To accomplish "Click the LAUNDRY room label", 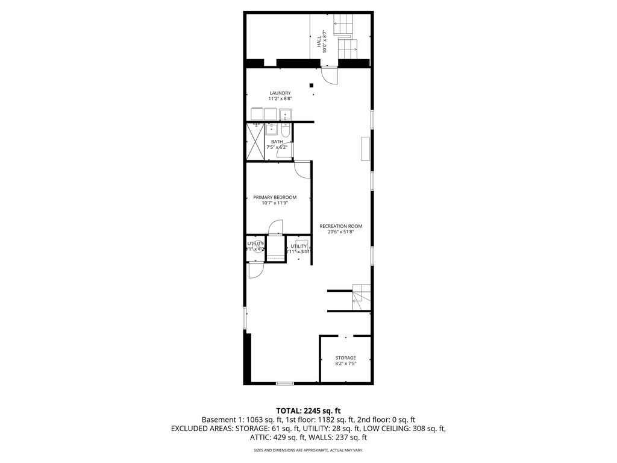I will pyautogui.click(x=280, y=93).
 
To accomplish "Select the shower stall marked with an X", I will pyautogui.click(x=256, y=142).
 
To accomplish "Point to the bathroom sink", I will pyautogui.click(x=272, y=128).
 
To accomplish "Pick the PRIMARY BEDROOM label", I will pyautogui.click(x=275, y=197).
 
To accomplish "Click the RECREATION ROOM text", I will pyautogui.click(x=340, y=226).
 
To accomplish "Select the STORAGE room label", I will pyautogui.click(x=345, y=357).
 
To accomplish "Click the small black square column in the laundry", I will pyautogui.click(x=312, y=86).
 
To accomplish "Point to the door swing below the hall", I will pyautogui.click(x=330, y=76).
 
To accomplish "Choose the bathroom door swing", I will pyautogui.click(x=282, y=152).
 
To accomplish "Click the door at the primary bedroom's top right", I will pyautogui.click(x=302, y=169).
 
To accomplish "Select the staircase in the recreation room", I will pyautogui.click(x=361, y=295).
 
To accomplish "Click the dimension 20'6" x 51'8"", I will pyautogui.click(x=340, y=232).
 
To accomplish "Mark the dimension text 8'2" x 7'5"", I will pyautogui.click(x=345, y=364).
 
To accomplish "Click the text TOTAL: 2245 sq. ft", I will pyautogui.click(x=308, y=411).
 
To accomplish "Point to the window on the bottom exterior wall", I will pyautogui.click(x=284, y=383).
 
